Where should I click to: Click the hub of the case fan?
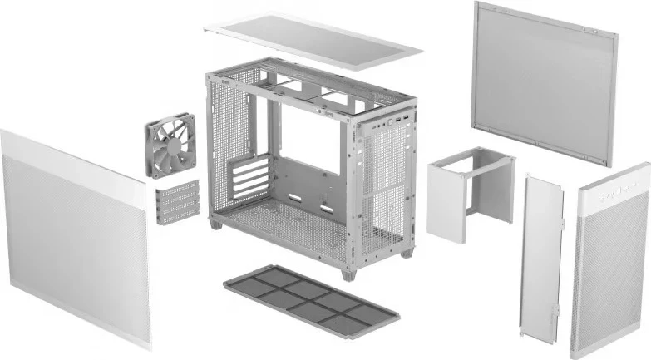[x=170, y=145]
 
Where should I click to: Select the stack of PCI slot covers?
[x=176, y=202]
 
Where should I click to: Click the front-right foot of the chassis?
[x=407, y=252]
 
